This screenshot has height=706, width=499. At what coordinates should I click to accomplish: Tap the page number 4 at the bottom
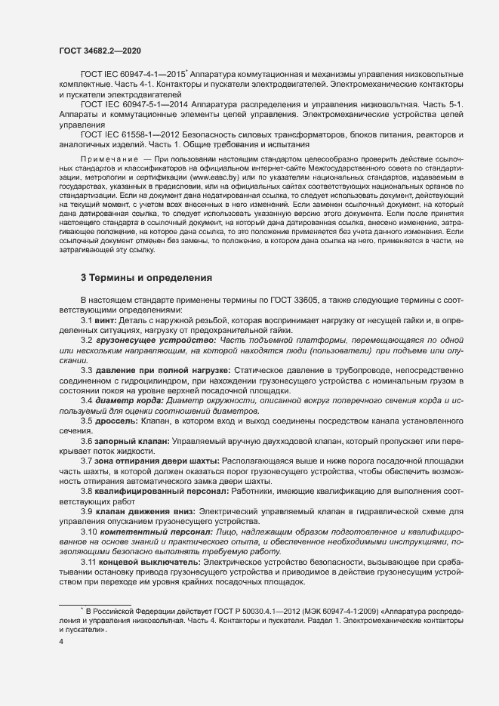61,642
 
